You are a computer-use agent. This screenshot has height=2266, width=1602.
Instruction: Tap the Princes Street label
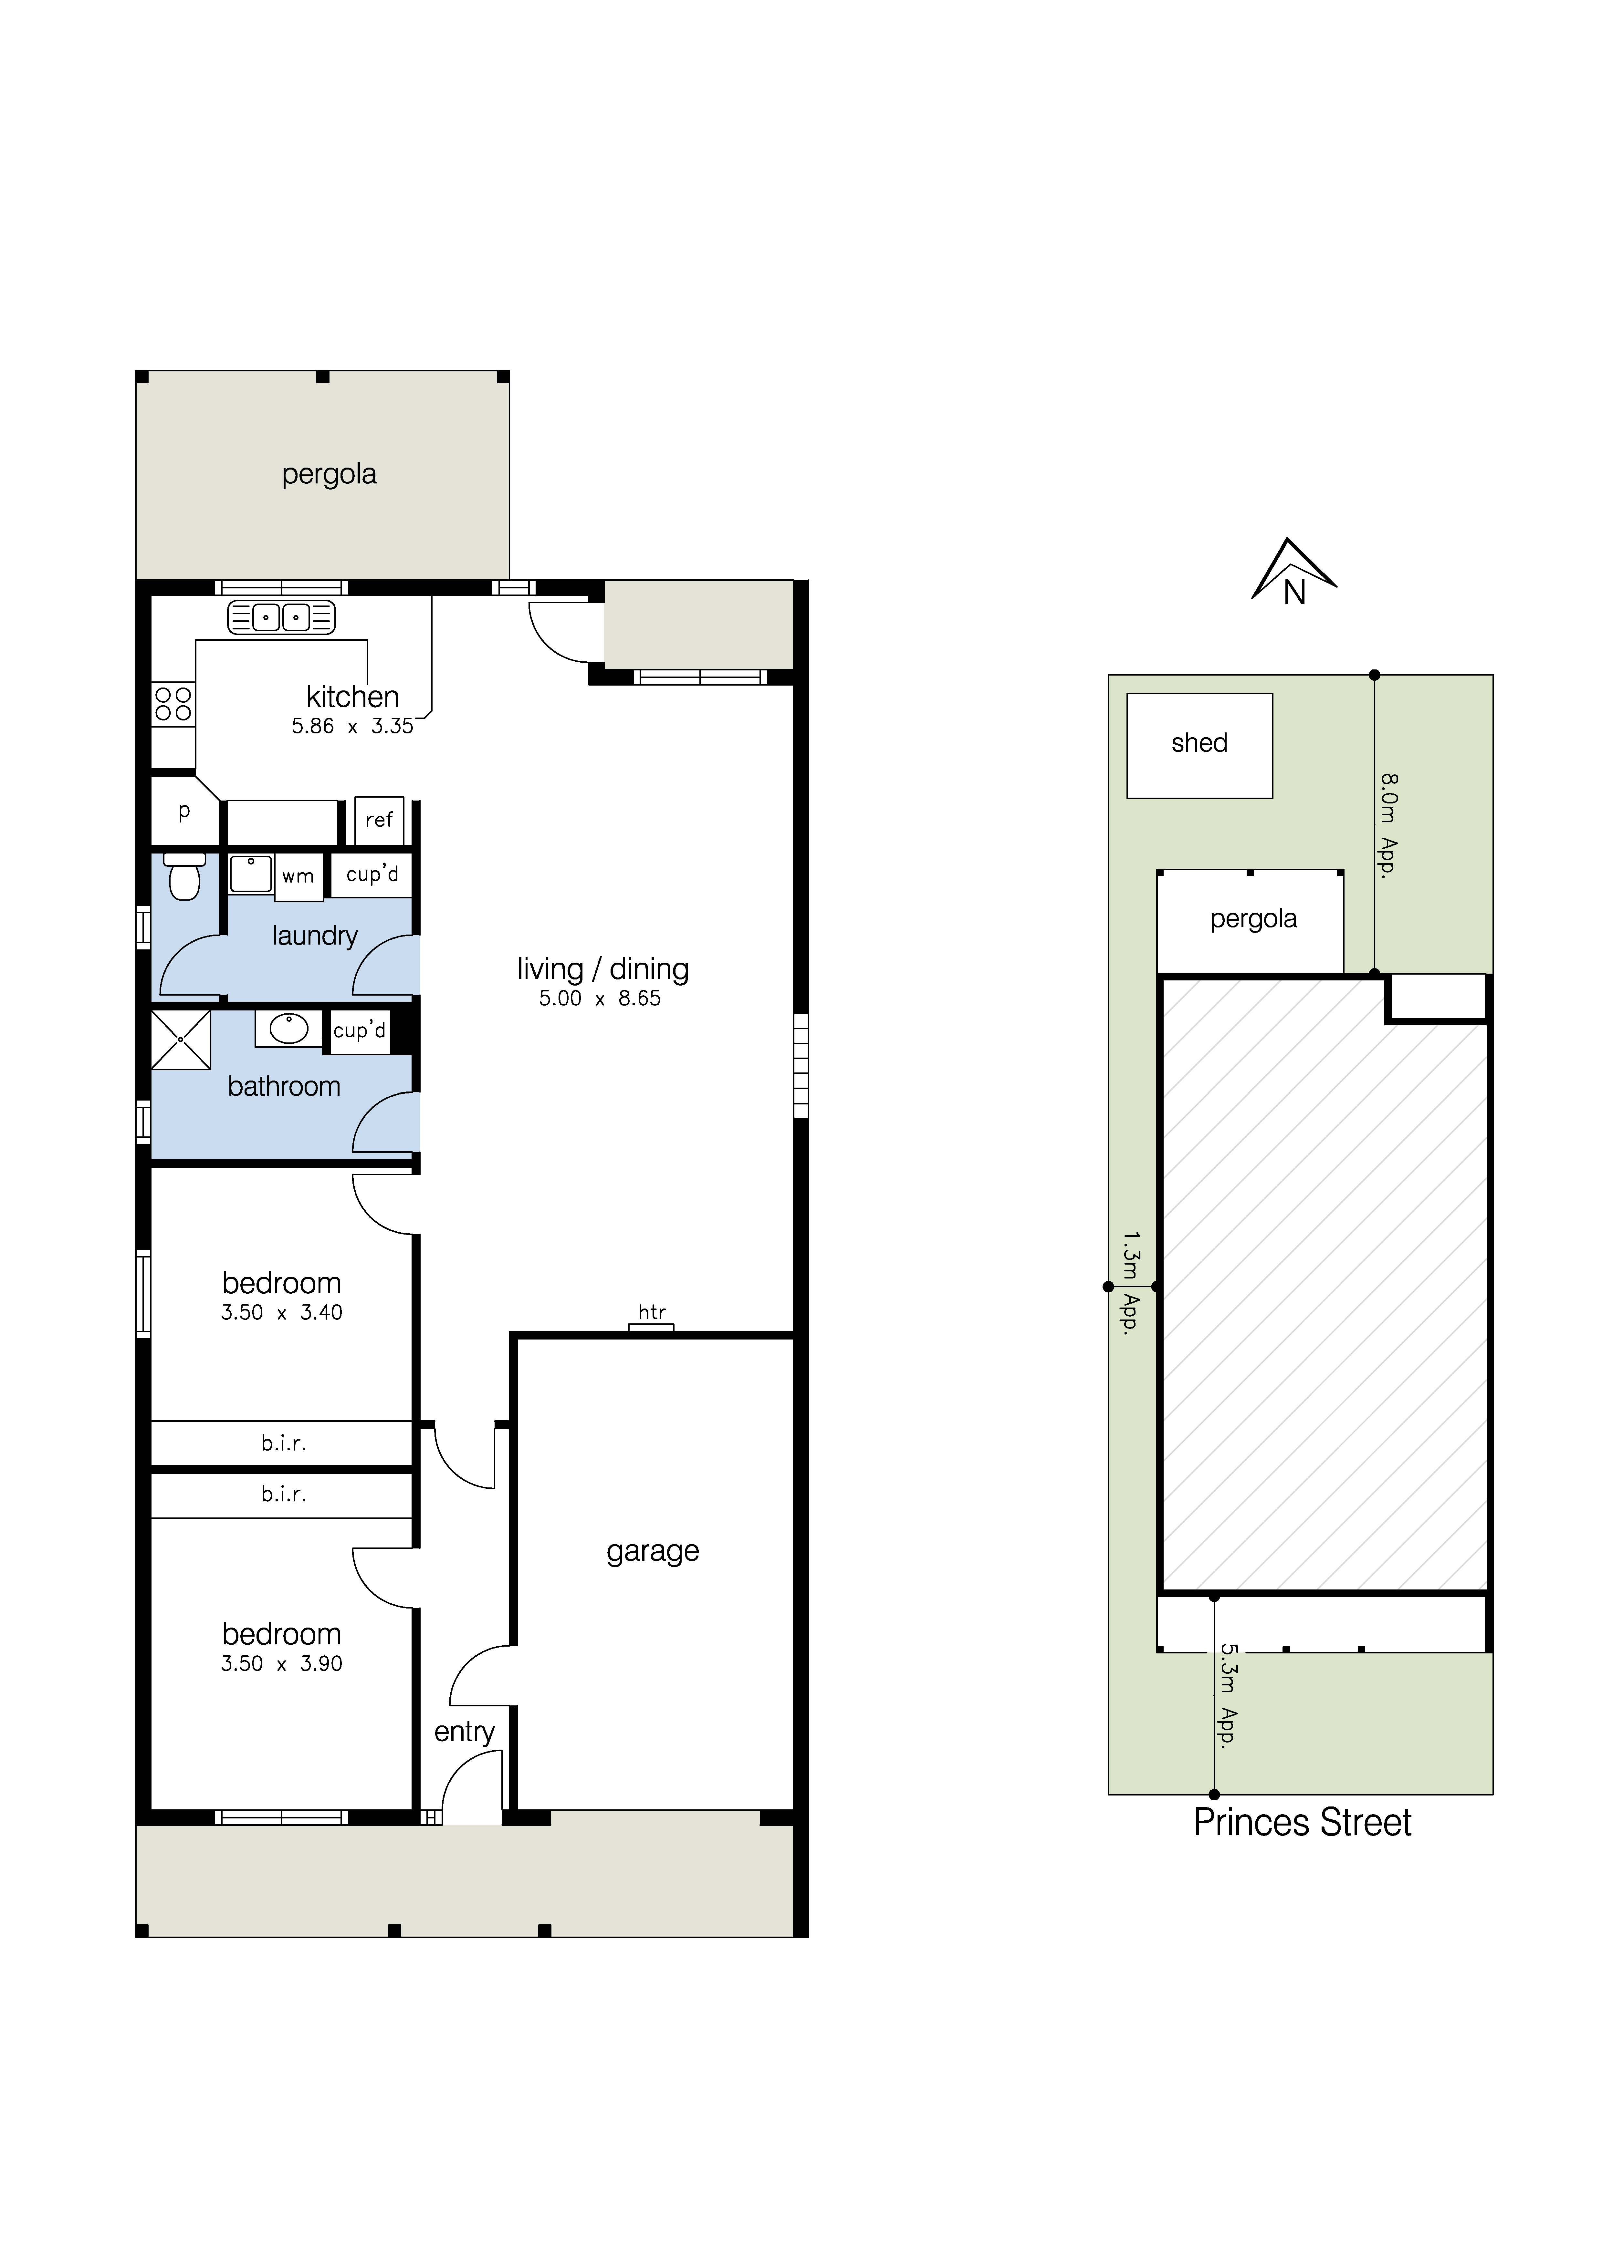click(x=1302, y=1823)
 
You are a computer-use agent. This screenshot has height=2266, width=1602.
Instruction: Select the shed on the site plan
click(x=1199, y=745)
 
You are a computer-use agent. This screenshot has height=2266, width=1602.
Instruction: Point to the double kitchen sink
click(x=281, y=617)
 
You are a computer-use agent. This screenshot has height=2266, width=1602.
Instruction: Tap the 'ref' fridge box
click(x=379, y=820)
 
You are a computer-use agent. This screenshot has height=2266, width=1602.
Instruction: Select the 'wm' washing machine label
click(x=298, y=876)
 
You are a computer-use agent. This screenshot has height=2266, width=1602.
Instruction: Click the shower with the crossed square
click(x=181, y=1039)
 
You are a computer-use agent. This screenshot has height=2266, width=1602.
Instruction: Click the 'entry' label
click(x=464, y=1732)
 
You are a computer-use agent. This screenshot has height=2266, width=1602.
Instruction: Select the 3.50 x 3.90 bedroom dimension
click(x=281, y=1664)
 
